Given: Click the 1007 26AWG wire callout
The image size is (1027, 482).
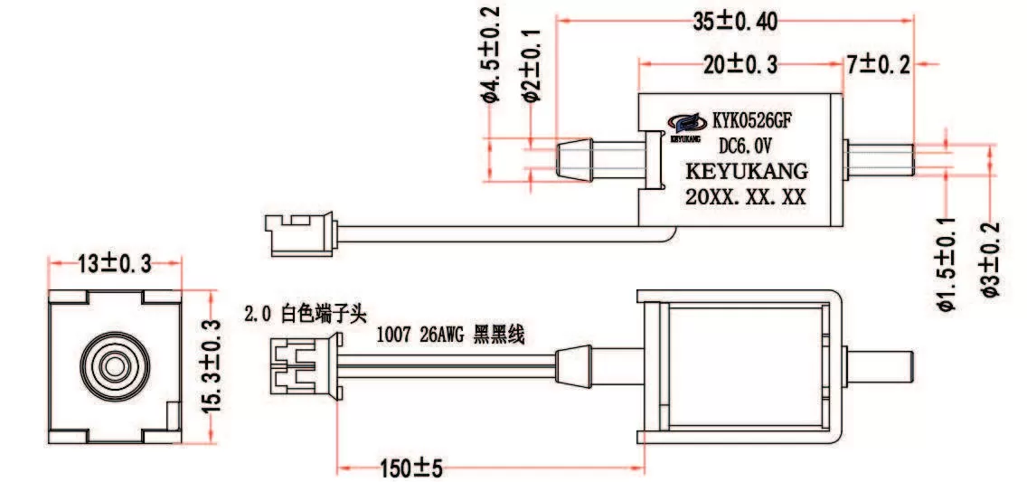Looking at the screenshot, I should [x=450, y=336].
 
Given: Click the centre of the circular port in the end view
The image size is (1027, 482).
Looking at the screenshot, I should [x=115, y=367].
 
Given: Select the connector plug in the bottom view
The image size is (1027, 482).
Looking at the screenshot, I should [x=304, y=366].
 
